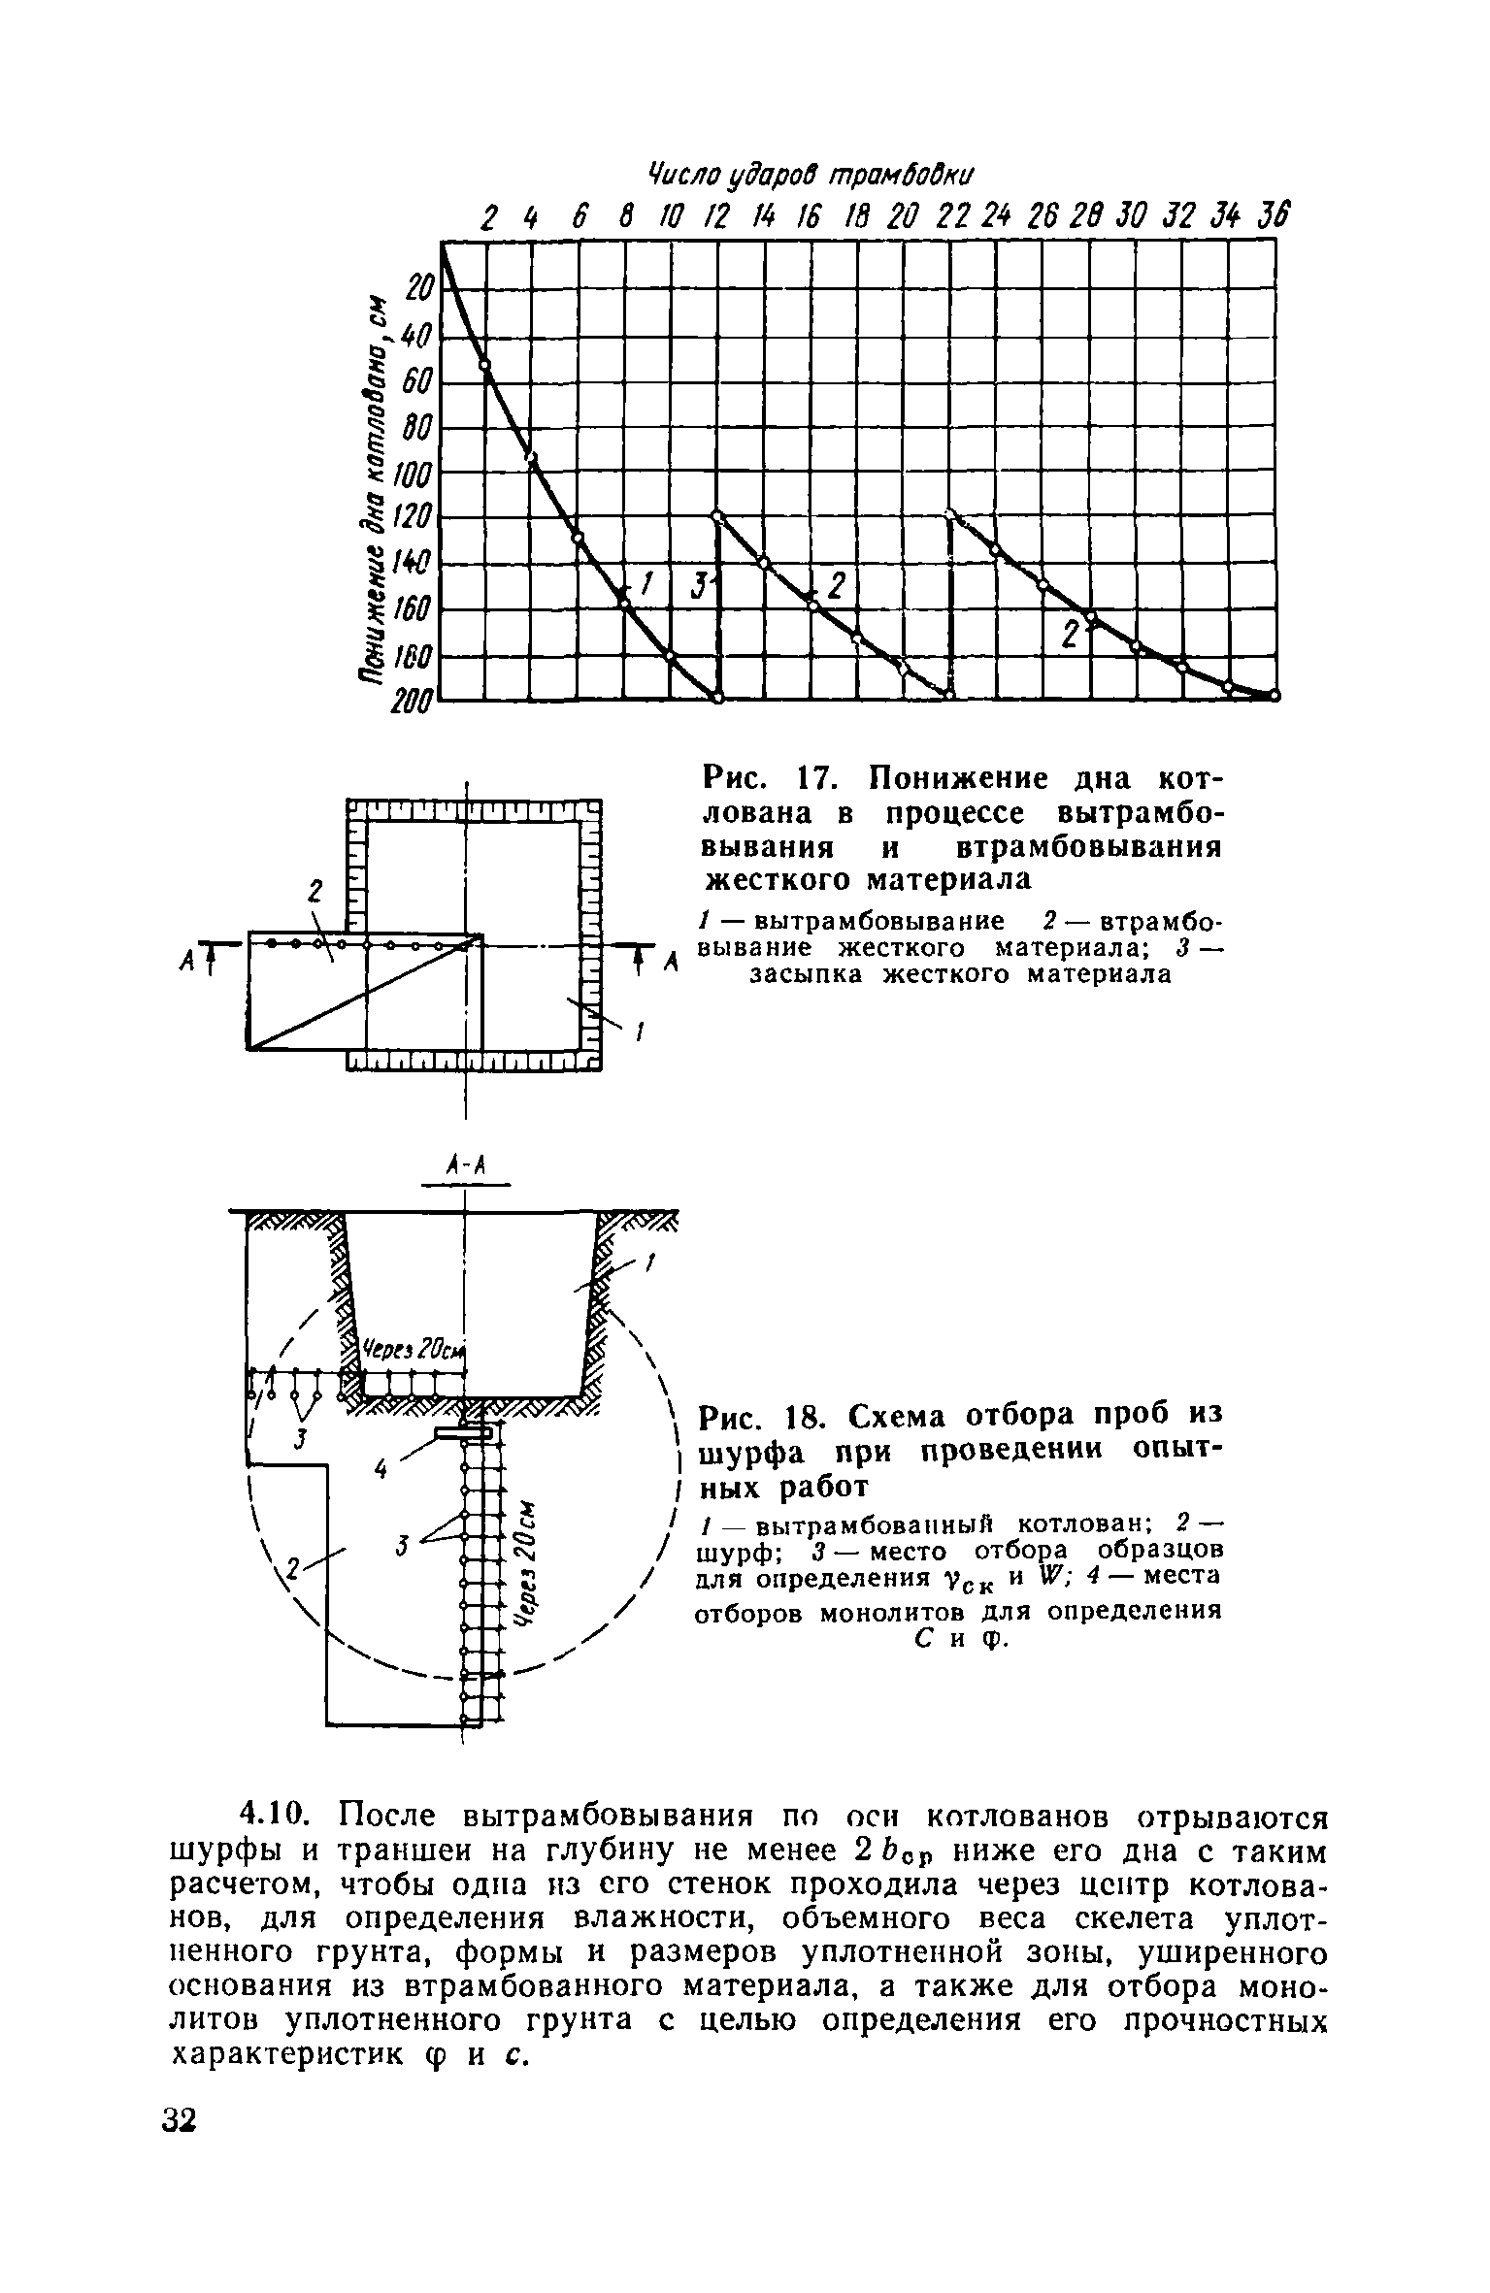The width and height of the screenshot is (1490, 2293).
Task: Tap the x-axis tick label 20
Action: [902, 216]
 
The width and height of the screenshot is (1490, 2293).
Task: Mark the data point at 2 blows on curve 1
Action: [485, 365]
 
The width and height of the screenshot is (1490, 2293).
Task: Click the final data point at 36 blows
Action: [1275, 695]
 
